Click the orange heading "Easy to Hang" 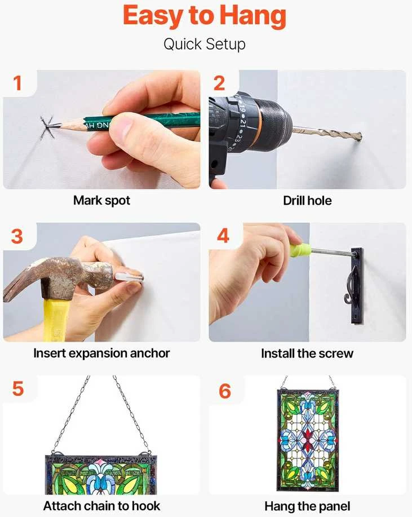click(205, 16)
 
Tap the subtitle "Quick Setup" click(205, 44)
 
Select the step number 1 click(17, 83)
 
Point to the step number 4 click(223, 236)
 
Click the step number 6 click(225, 391)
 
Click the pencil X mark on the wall click(48, 127)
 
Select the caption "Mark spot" click(101, 201)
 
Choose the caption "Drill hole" click(307, 201)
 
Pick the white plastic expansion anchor click(129, 277)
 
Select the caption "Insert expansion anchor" click(101, 353)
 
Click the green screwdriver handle click(300, 250)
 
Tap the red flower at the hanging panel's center click(308, 438)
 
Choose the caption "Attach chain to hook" click(101, 506)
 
